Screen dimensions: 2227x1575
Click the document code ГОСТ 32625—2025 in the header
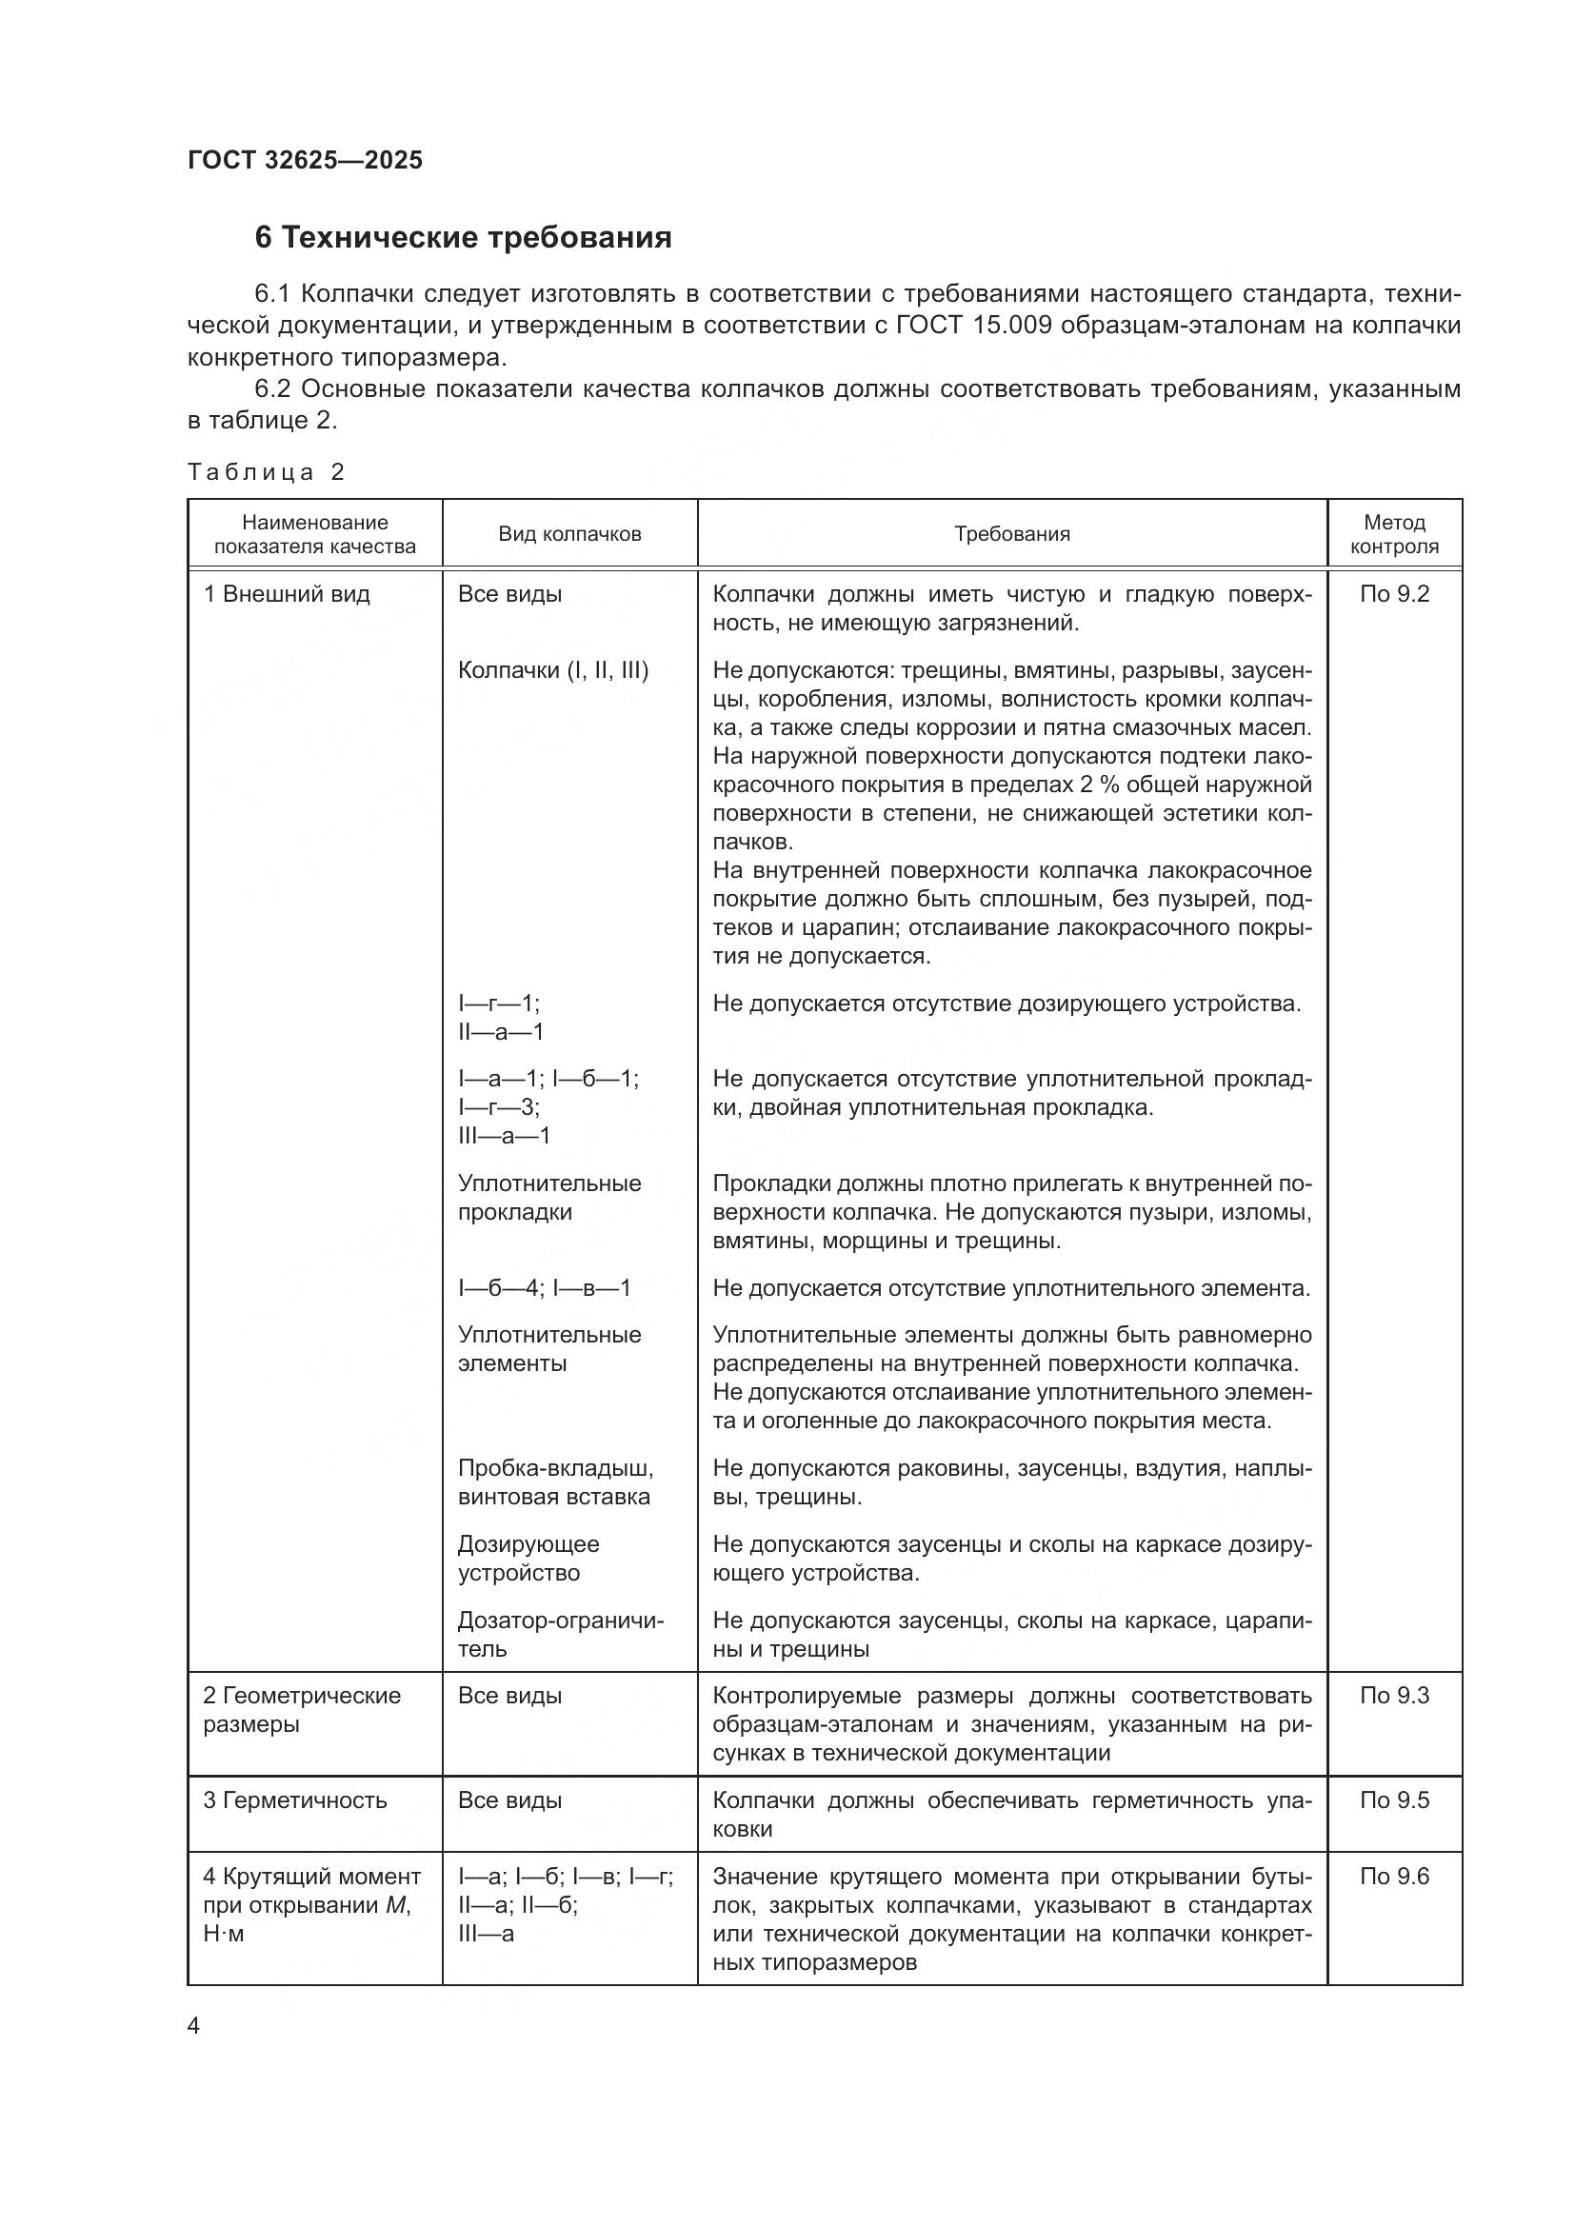tap(305, 161)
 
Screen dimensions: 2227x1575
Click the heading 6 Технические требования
tap(463, 238)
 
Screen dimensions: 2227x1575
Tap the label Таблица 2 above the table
tap(266, 472)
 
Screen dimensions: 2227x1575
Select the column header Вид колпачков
tap(569, 534)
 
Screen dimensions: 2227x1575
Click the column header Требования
tap(1011, 534)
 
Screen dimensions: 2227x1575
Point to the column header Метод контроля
tap(1394, 534)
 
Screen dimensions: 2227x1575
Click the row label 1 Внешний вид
tap(286, 594)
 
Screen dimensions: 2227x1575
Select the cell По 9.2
tap(1394, 594)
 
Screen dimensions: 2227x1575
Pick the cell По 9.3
tap(1394, 1696)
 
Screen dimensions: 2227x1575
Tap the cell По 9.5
tap(1394, 1800)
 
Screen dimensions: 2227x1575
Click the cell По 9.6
tap(1394, 1876)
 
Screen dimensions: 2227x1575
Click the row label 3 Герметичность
tap(295, 1800)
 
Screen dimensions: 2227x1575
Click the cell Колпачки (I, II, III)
tap(553, 670)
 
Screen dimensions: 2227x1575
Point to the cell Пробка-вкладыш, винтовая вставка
tap(555, 1482)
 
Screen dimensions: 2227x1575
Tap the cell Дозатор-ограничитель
tap(561, 1635)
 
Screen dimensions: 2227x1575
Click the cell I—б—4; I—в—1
tap(544, 1288)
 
